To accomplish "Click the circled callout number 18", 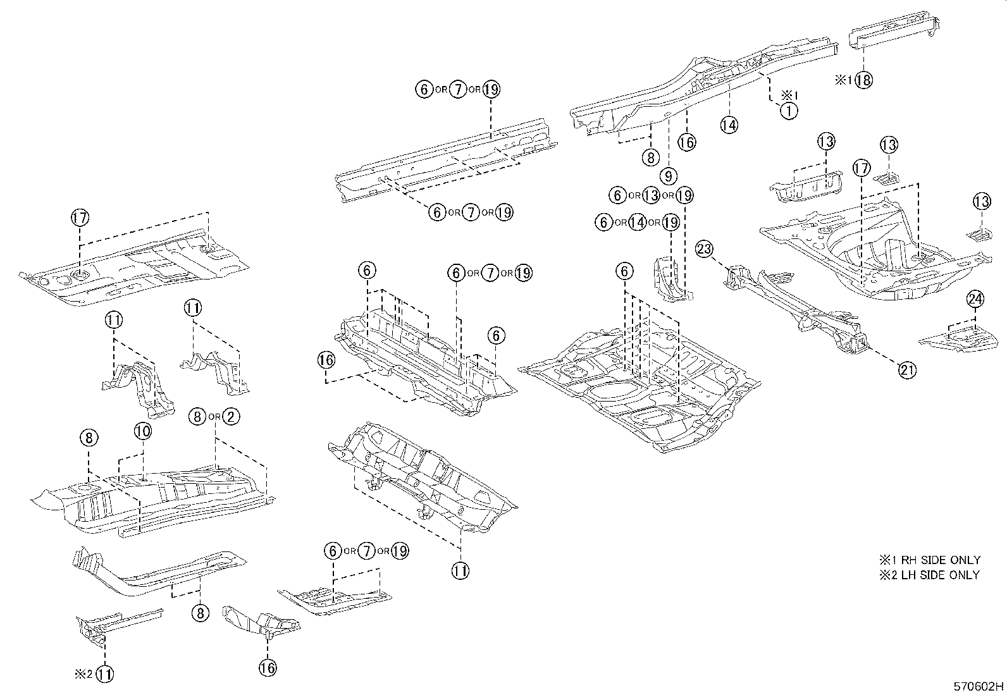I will (x=863, y=80).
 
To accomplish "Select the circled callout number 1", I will (x=789, y=111).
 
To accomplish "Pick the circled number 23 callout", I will (x=705, y=249).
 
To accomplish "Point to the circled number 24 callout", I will (x=975, y=299).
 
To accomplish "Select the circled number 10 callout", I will (x=143, y=431).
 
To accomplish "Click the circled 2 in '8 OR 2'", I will (x=231, y=416).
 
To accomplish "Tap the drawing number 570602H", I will (x=979, y=686).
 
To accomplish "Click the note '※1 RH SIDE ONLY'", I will (x=929, y=560).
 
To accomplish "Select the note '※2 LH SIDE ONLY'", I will (x=929, y=575).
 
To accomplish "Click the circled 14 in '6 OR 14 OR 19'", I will (x=638, y=222).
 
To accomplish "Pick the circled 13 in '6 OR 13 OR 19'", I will (x=651, y=195).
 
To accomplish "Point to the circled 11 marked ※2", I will (x=106, y=674).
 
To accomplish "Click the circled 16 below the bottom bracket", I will (x=268, y=667).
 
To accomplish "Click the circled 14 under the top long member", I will (x=729, y=125).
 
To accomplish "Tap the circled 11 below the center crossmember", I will (x=460, y=571).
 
